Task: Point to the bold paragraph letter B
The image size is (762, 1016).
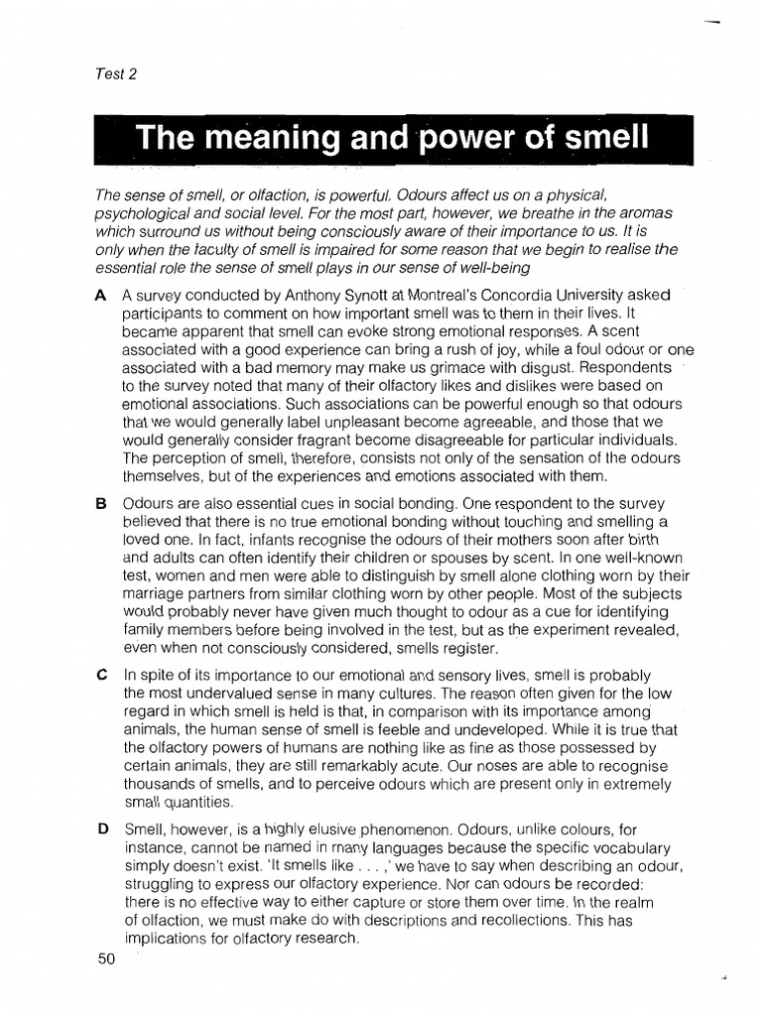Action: tap(100, 503)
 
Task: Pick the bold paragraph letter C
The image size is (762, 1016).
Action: tap(100, 673)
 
